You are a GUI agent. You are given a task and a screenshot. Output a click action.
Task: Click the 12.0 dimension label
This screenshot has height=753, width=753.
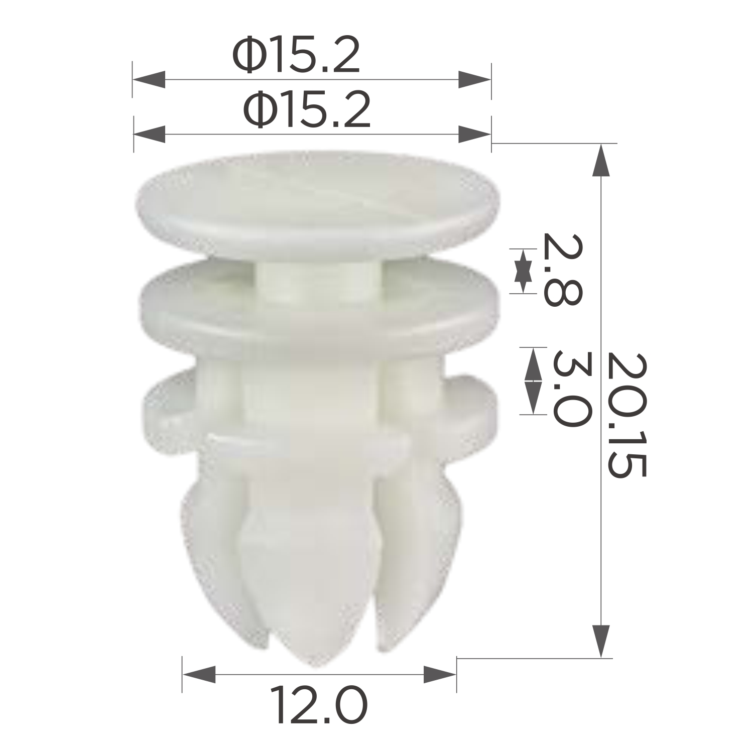click(x=319, y=706)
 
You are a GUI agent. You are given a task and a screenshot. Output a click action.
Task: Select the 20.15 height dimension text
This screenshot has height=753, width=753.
click(x=625, y=415)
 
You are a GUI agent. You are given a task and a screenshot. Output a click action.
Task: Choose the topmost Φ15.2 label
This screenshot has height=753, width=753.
click(x=296, y=56)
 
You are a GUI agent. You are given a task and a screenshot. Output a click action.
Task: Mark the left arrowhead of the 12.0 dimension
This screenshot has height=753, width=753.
click(x=199, y=674)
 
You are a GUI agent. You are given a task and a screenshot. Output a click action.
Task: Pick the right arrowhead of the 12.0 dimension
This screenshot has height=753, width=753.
click(x=440, y=674)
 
